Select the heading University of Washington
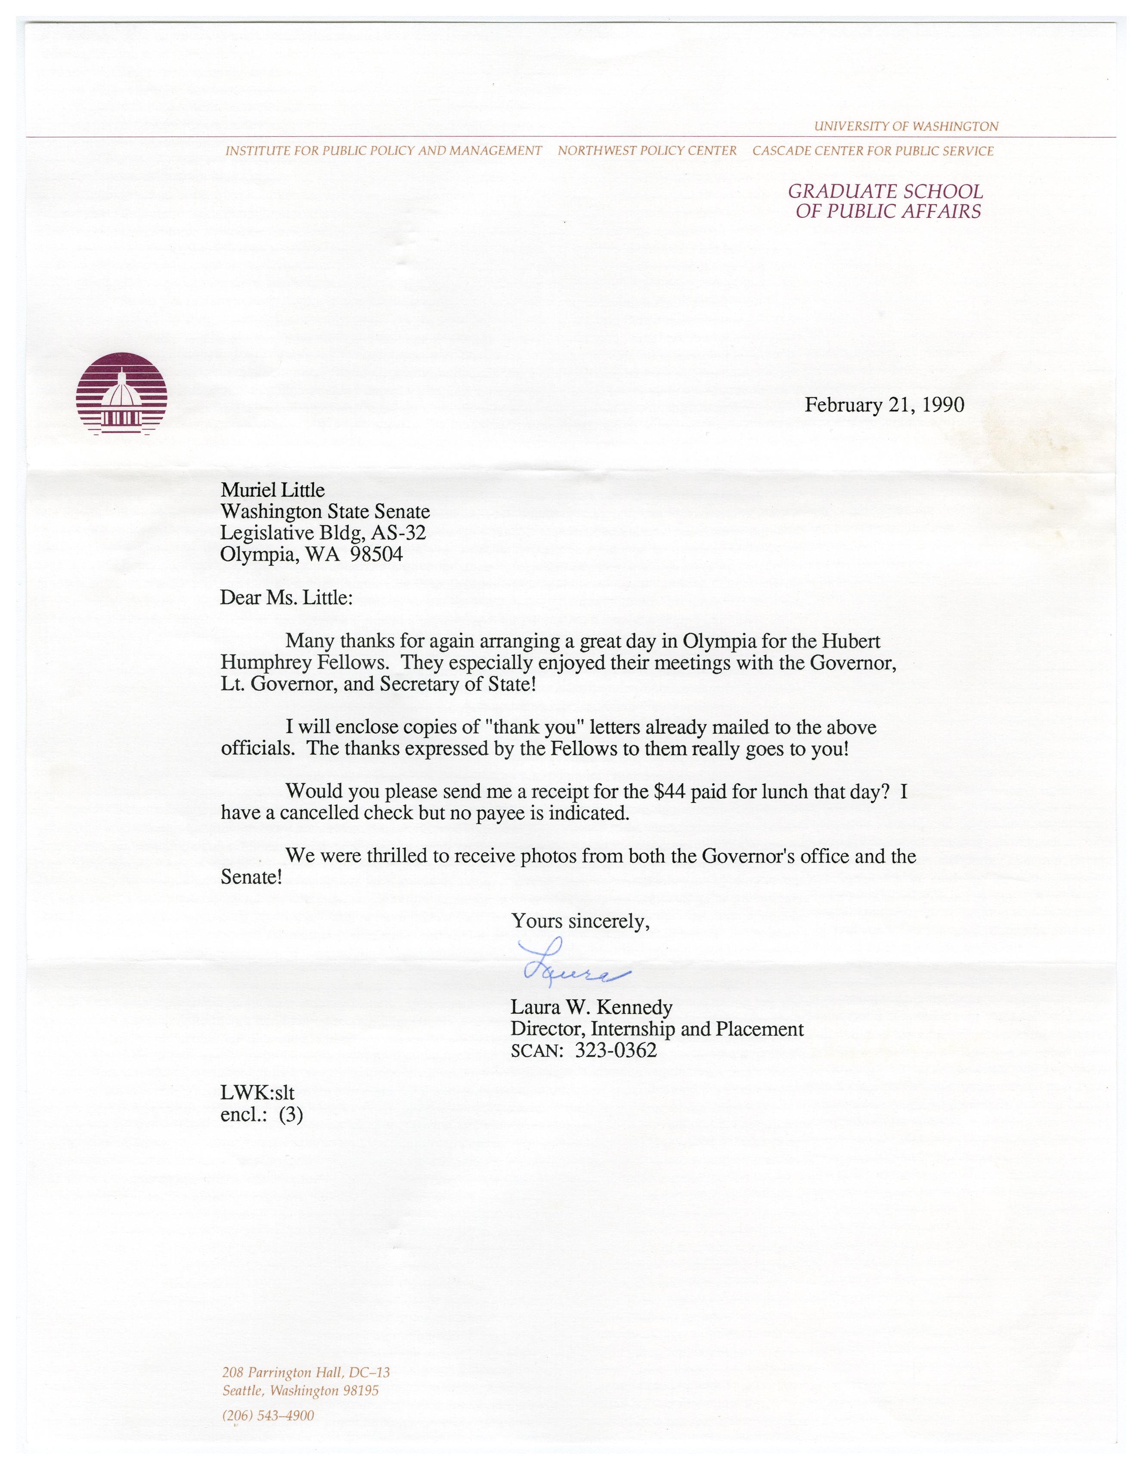(x=906, y=126)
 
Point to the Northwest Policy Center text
(x=647, y=151)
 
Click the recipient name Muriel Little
(x=273, y=489)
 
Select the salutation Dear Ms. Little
(x=286, y=598)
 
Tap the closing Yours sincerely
(x=580, y=921)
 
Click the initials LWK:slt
(x=257, y=1093)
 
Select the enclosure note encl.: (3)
(x=261, y=1114)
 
